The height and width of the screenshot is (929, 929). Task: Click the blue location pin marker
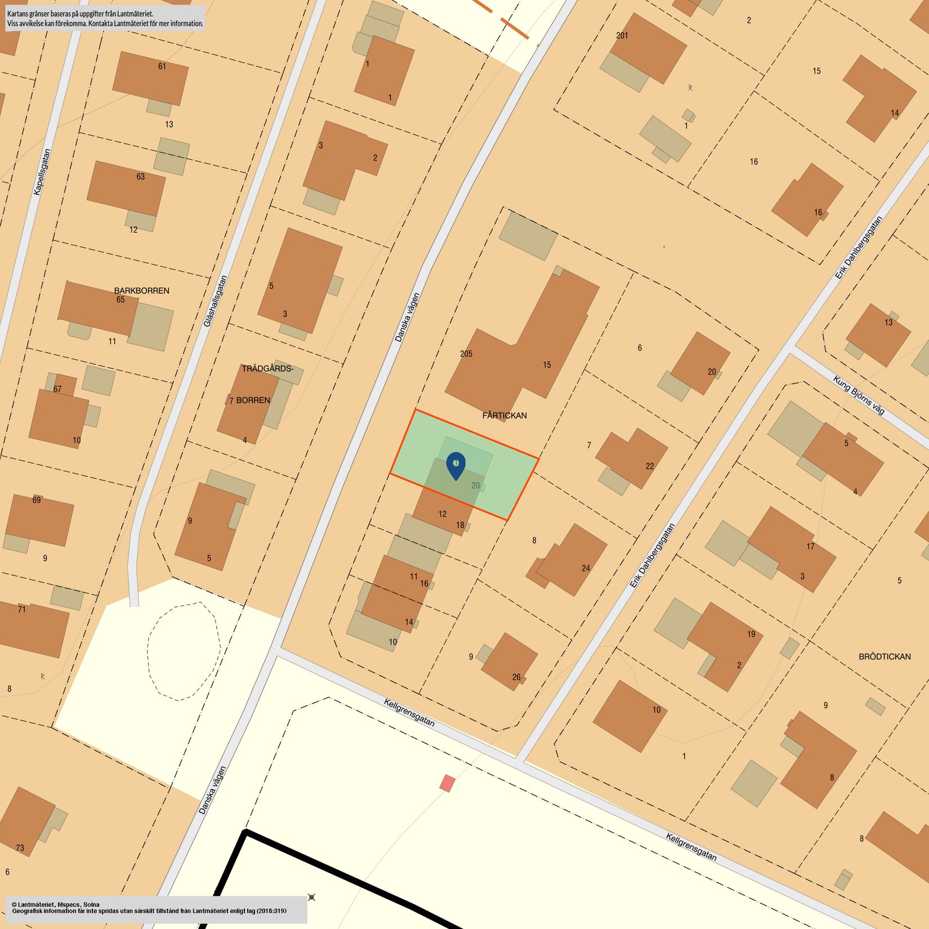pyautogui.click(x=455, y=465)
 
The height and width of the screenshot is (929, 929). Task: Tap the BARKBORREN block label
pyautogui.click(x=141, y=291)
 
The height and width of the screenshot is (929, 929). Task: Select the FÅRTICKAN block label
pyautogui.click(x=504, y=416)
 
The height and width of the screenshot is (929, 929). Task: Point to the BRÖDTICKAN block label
pyautogui.click(x=885, y=656)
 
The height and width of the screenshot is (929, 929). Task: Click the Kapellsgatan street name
pyautogui.click(x=42, y=172)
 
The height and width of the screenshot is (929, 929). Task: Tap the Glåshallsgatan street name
pyautogui.click(x=216, y=301)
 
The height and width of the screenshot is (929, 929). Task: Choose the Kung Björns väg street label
pyautogui.click(x=859, y=395)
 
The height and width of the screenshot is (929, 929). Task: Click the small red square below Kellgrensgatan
pyautogui.click(x=447, y=783)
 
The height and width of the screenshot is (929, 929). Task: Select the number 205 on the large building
pyautogui.click(x=466, y=354)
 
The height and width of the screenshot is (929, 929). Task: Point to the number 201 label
pyautogui.click(x=622, y=35)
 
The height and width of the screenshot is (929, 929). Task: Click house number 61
pyautogui.click(x=162, y=66)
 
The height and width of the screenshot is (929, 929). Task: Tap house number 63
pyautogui.click(x=141, y=177)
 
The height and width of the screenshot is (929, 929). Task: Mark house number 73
pyautogui.click(x=20, y=848)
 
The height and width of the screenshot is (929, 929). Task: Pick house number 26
pyautogui.click(x=516, y=677)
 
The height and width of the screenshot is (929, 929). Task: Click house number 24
pyautogui.click(x=586, y=568)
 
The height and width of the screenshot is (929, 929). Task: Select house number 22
pyautogui.click(x=650, y=466)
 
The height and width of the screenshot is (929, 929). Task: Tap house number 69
pyautogui.click(x=37, y=500)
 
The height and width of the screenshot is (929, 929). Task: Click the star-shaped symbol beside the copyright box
pyautogui.click(x=311, y=897)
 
